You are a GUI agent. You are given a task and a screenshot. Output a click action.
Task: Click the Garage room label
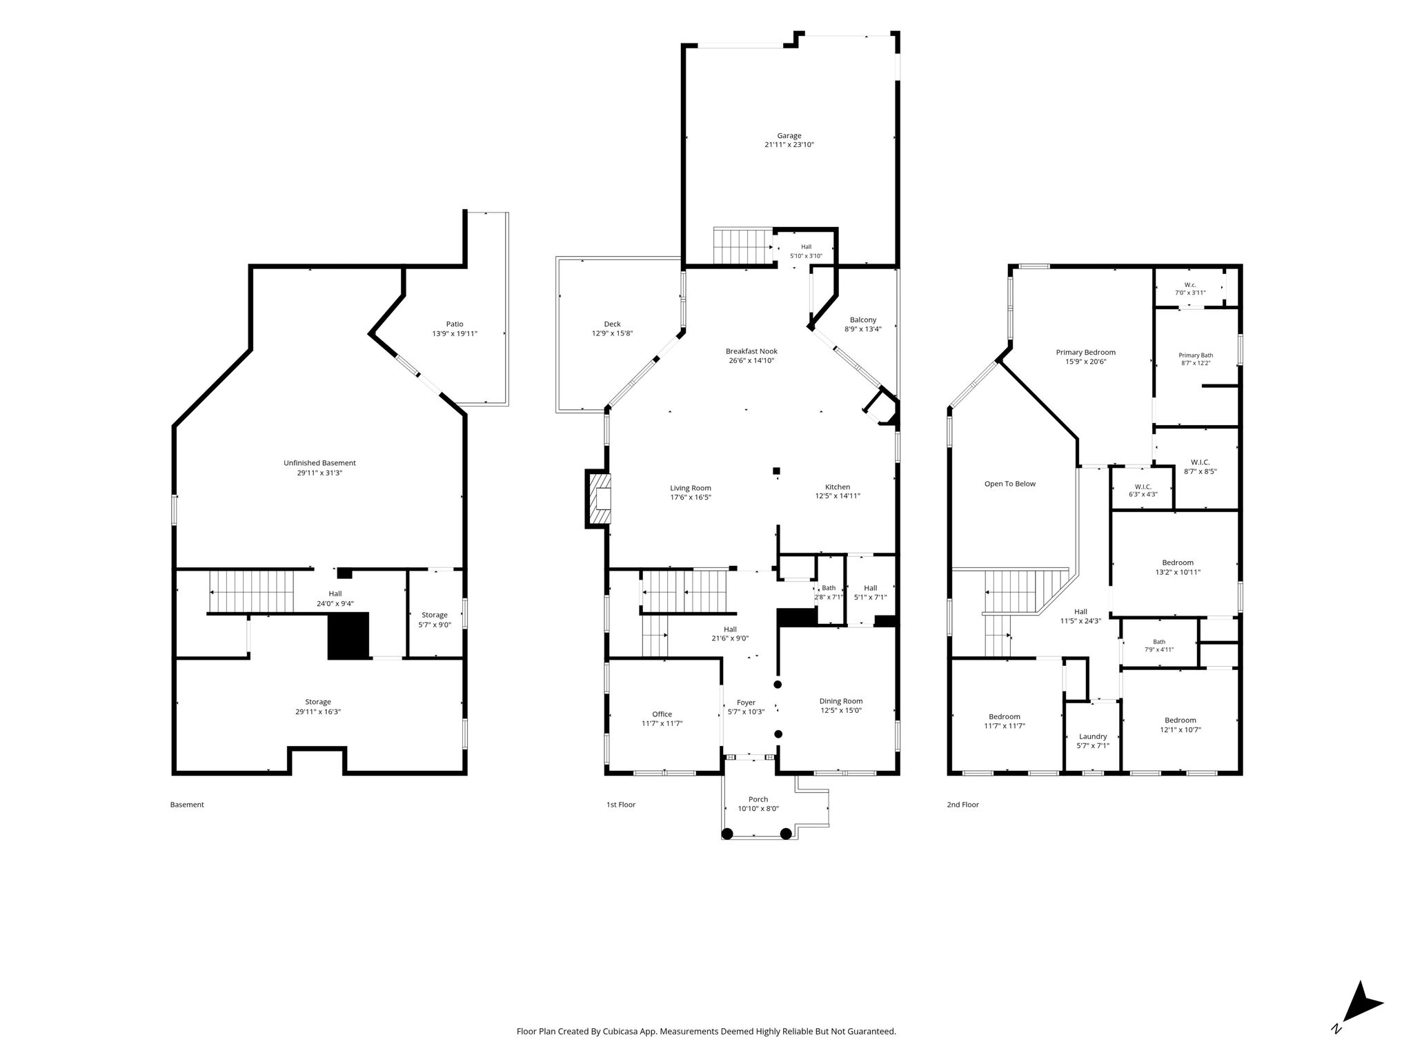(789, 136)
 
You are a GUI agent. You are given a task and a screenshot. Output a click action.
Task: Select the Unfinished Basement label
(319, 463)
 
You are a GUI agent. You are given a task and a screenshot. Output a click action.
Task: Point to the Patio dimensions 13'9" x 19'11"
(454, 333)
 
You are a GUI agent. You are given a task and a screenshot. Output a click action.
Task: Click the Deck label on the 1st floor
(612, 324)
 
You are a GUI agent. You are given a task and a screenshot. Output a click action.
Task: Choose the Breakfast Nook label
(751, 351)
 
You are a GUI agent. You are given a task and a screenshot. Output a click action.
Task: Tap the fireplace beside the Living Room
(597, 498)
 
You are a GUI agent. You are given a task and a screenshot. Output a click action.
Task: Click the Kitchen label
(838, 487)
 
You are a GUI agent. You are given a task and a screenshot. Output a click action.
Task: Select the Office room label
(662, 714)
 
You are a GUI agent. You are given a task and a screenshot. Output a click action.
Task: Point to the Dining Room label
(841, 701)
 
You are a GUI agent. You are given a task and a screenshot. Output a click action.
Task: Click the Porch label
(758, 800)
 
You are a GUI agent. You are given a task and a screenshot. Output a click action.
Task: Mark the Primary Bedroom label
(1085, 352)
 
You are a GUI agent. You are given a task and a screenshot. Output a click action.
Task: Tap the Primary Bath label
(1196, 355)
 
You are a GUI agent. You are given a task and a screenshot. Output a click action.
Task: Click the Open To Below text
(1009, 484)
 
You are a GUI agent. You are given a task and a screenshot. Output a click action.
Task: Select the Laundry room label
(1093, 736)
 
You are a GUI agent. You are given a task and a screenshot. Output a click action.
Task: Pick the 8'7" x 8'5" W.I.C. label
(1200, 462)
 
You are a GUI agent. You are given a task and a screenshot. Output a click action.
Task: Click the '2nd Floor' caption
(962, 805)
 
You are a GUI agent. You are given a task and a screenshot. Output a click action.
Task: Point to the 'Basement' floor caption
(187, 805)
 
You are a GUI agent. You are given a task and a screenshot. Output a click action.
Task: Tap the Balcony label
(862, 320)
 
